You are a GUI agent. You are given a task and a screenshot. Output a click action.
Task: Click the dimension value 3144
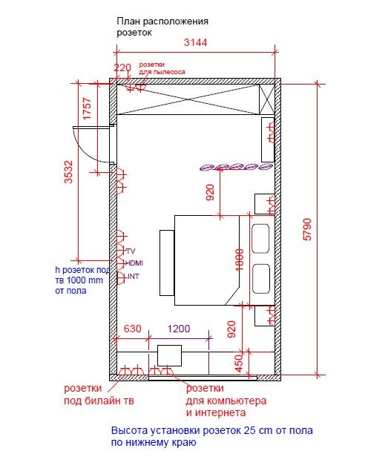pyautogui.click(x=196, y=42)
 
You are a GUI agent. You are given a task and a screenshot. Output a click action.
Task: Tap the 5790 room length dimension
pyautogui.click(x=307, y=229)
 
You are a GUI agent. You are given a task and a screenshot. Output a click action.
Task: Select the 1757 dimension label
pyautogui.click(x=87, y=108)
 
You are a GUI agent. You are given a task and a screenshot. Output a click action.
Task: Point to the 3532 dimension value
pyautogui.click(x=68, y=171)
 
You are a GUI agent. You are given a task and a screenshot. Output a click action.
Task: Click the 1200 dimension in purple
pyautogui.click(x=179, y=329)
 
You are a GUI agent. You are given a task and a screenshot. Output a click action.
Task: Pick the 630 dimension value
pyautogui.click(x=133, y=329)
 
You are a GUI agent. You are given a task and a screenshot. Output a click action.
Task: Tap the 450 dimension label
pyautogui.click(x=239, y=363)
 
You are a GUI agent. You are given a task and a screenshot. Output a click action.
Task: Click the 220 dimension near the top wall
pyautogui.click(x=122, y=68)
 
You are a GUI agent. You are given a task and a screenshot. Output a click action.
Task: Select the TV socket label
pyautogui.click(x=131, y=251)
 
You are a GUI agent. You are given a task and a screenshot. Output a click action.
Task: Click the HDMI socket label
pyautogui.click(x=134, y=263)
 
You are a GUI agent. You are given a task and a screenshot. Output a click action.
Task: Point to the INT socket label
pyautogui.click(x=134, y=276)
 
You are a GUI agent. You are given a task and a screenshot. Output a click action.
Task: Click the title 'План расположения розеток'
pyautogui.click(x=162, y=27)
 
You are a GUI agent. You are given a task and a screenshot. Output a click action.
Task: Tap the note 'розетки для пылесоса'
pyautogui.click(x=162, y=68)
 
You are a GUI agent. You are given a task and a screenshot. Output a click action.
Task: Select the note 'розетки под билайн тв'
pyautogui.click(x=99, y=395)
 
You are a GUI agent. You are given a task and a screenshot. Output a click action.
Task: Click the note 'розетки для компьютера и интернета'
pyautogui.click(x=226, y=401)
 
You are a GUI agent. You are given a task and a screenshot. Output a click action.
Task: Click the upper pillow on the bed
pyautogui.click(x=260, y=239)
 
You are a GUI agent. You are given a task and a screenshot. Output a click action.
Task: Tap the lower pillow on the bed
pyautogui.click(x=261, y=279)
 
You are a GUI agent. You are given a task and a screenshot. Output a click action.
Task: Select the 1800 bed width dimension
pyautogui.click(x=239, y=260)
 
